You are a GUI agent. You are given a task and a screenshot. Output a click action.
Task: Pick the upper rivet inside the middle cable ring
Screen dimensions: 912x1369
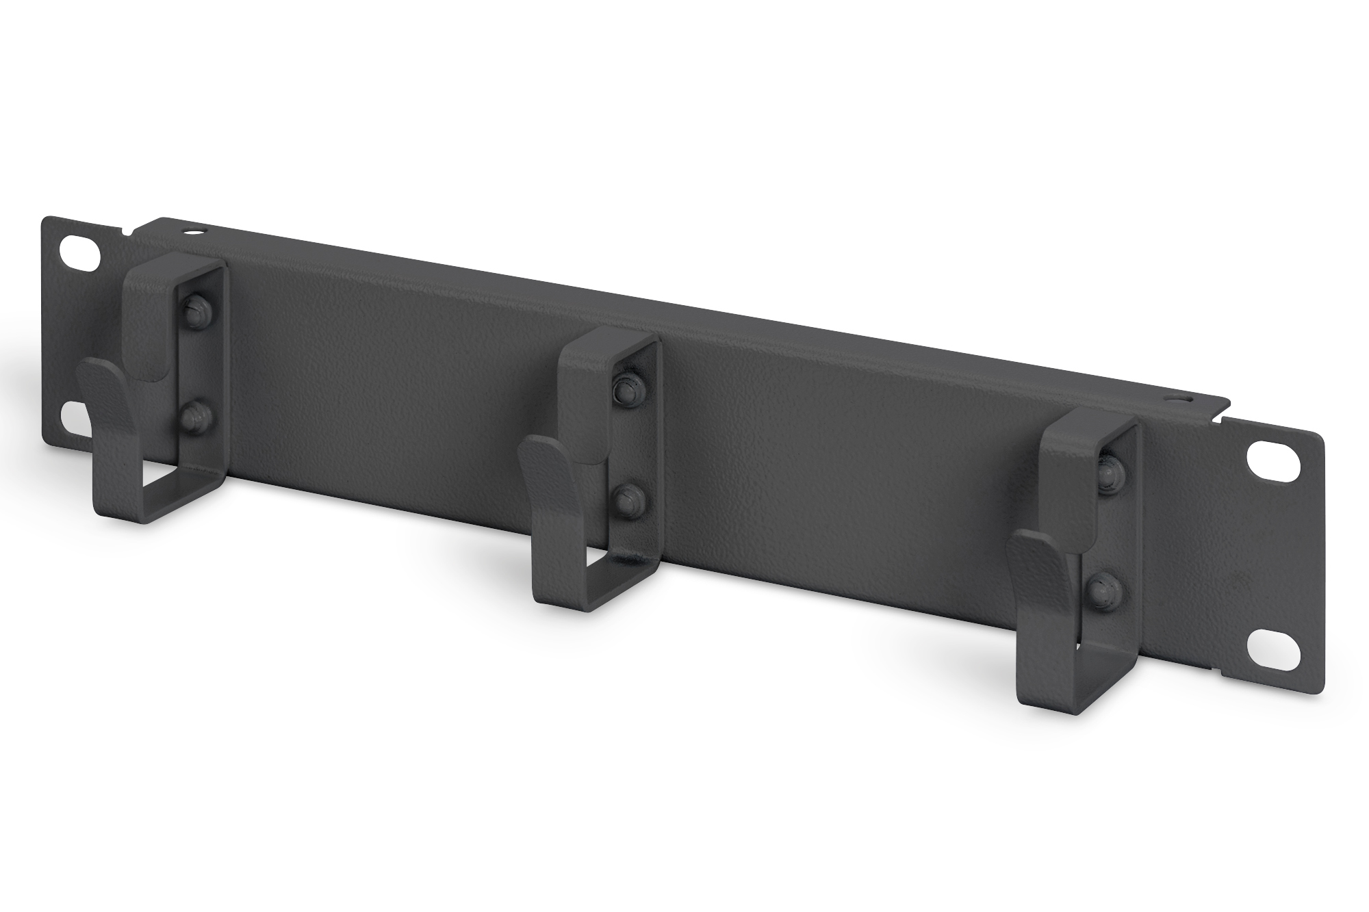coord(625,388)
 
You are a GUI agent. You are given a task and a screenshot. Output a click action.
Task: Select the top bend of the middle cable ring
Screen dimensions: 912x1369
coord(602,342)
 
